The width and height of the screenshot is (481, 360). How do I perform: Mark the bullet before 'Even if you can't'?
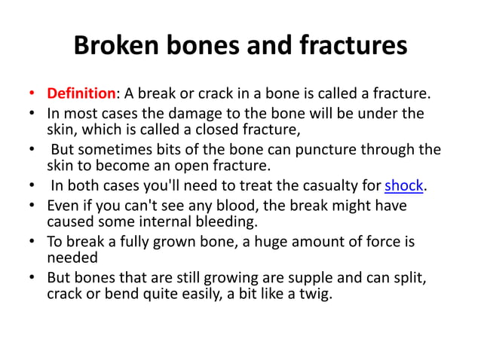click(x=31, y=206)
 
